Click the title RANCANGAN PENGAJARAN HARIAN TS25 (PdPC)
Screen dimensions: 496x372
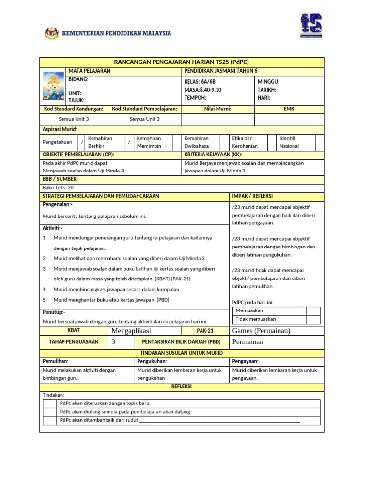(x=181, y=62)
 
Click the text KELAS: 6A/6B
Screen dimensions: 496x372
(x=200, y=82)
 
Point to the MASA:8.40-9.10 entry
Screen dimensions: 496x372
(x=202, y=90)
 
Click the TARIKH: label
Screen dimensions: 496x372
(x=267, y=90)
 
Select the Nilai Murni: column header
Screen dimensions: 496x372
(x=217, y=109)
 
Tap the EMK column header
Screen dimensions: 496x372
(x=289, y=109)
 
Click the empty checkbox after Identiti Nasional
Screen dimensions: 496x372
(x=319, y=142)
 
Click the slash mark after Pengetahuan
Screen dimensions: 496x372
(x=82, y=142)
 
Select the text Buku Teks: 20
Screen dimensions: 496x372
(x=58, y=187)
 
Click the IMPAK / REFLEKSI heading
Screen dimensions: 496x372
(x=252, y=196)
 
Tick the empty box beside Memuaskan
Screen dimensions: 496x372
(x=313, y=311)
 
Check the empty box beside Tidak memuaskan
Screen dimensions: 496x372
(x=313, y=319)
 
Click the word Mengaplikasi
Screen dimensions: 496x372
(x=131, y=331)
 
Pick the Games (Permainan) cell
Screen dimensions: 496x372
(x=261, y=331)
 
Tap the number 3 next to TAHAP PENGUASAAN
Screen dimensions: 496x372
(x=114, y=341)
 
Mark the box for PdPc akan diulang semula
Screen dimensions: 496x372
(x=50, y=412)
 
